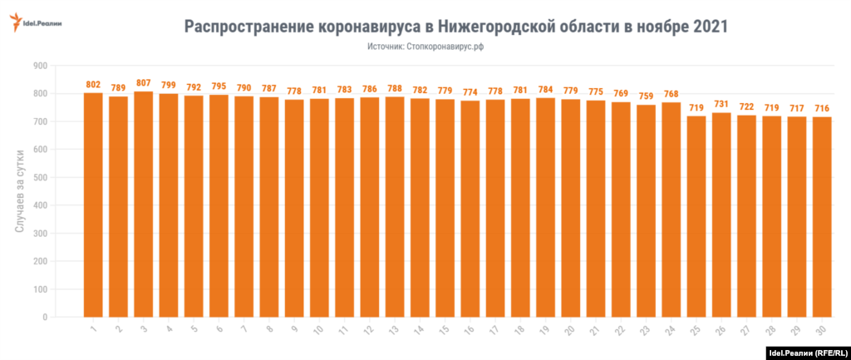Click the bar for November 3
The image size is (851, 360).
coord(144,204)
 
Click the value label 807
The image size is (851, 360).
coord(144,83)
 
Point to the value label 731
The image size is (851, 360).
coord(722,105)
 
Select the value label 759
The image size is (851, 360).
coord(647,96)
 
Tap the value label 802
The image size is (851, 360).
coord(93,85)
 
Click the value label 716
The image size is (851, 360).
coord(822,109)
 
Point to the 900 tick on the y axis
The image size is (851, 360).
coord(38,66)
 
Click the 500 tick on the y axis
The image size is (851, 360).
coord(38,178)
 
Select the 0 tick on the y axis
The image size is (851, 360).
coord(44,318)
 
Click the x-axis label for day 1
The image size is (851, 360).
coord(93,331)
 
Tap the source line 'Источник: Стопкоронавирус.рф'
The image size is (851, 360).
coord(425,47)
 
